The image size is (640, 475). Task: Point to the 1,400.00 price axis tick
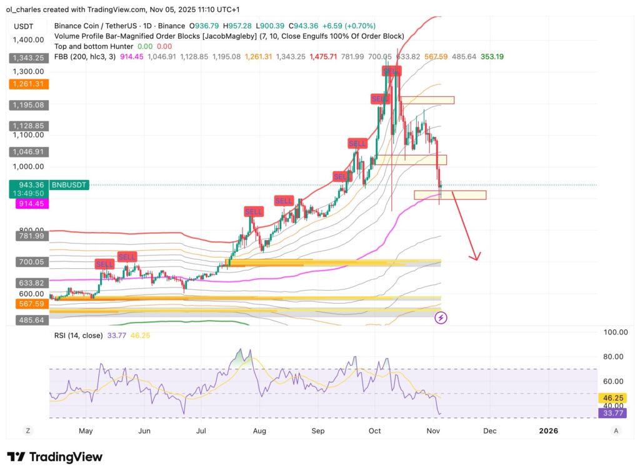(29, 39)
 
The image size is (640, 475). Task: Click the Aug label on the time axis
(260, 431)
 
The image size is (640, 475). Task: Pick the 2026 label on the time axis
(548, 431)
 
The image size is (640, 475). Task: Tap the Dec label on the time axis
(490, 431)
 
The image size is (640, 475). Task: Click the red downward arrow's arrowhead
(476, 257)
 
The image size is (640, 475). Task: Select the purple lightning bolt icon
(441, 317)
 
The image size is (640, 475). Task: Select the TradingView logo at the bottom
(54, 457)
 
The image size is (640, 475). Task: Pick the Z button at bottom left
(27, 431)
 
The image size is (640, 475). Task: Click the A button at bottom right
(616, 431)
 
